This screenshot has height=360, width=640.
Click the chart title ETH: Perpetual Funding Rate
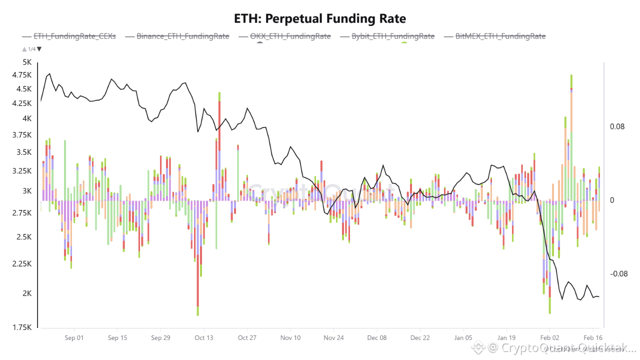pos(320,19)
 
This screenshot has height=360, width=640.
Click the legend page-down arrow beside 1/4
pos(39,49)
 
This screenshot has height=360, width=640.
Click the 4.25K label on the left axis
pos(21,103)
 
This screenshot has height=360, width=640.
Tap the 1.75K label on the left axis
pos(21,327)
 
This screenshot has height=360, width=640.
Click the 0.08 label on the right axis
pos(617,127)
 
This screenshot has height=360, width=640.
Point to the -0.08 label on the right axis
pos(618,274)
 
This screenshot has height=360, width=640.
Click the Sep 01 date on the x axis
pos(74,338)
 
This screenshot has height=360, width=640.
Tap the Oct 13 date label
pos(203,338)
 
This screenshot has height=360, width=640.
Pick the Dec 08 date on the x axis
pos(377,338)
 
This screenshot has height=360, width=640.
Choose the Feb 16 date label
pos(592,338)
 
